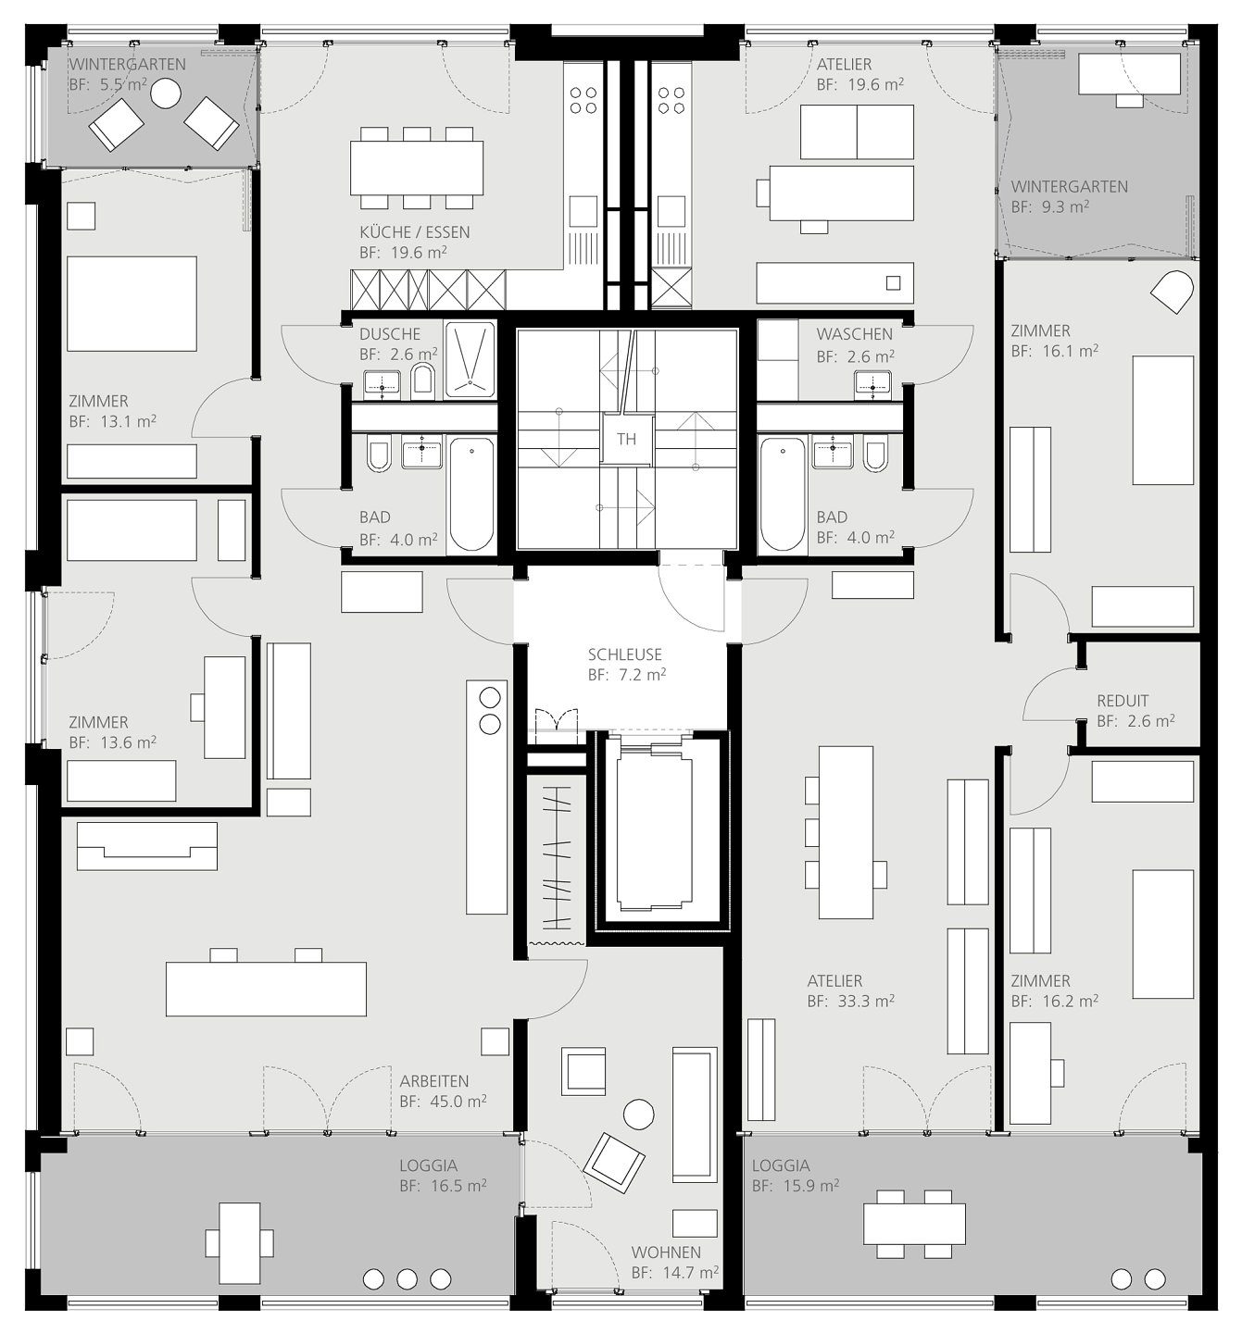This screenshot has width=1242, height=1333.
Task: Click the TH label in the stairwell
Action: tap(626, 439)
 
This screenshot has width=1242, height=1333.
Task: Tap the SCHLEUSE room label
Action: tap(624, 654)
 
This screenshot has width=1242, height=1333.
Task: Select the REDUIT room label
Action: tap(1123, 701)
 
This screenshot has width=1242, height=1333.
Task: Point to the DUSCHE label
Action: tap(390, 334)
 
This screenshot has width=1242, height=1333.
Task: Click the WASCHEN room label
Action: tap(855, 334)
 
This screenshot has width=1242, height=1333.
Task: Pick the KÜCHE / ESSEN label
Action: tap(414, 232)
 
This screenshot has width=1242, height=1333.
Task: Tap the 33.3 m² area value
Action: tap(866, 1001)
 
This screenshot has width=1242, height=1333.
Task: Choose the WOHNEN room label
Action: tap(666, 1252)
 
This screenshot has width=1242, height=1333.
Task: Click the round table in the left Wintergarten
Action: tap(165, 93)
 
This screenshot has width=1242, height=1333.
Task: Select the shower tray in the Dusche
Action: tap(470, 360)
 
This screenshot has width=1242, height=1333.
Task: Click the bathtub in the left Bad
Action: tap(471, 494)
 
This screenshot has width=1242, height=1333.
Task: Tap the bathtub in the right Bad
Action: tap(782, 494)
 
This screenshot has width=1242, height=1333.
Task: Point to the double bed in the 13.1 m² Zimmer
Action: tap(132, 304)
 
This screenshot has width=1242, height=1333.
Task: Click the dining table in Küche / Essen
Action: tap(417, 168)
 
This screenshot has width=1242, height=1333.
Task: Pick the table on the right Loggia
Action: tap(914, 1225)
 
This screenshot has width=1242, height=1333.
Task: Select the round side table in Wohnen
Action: tap(638, 1115)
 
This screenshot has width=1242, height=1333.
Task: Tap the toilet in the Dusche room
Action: tap(423, 380)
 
